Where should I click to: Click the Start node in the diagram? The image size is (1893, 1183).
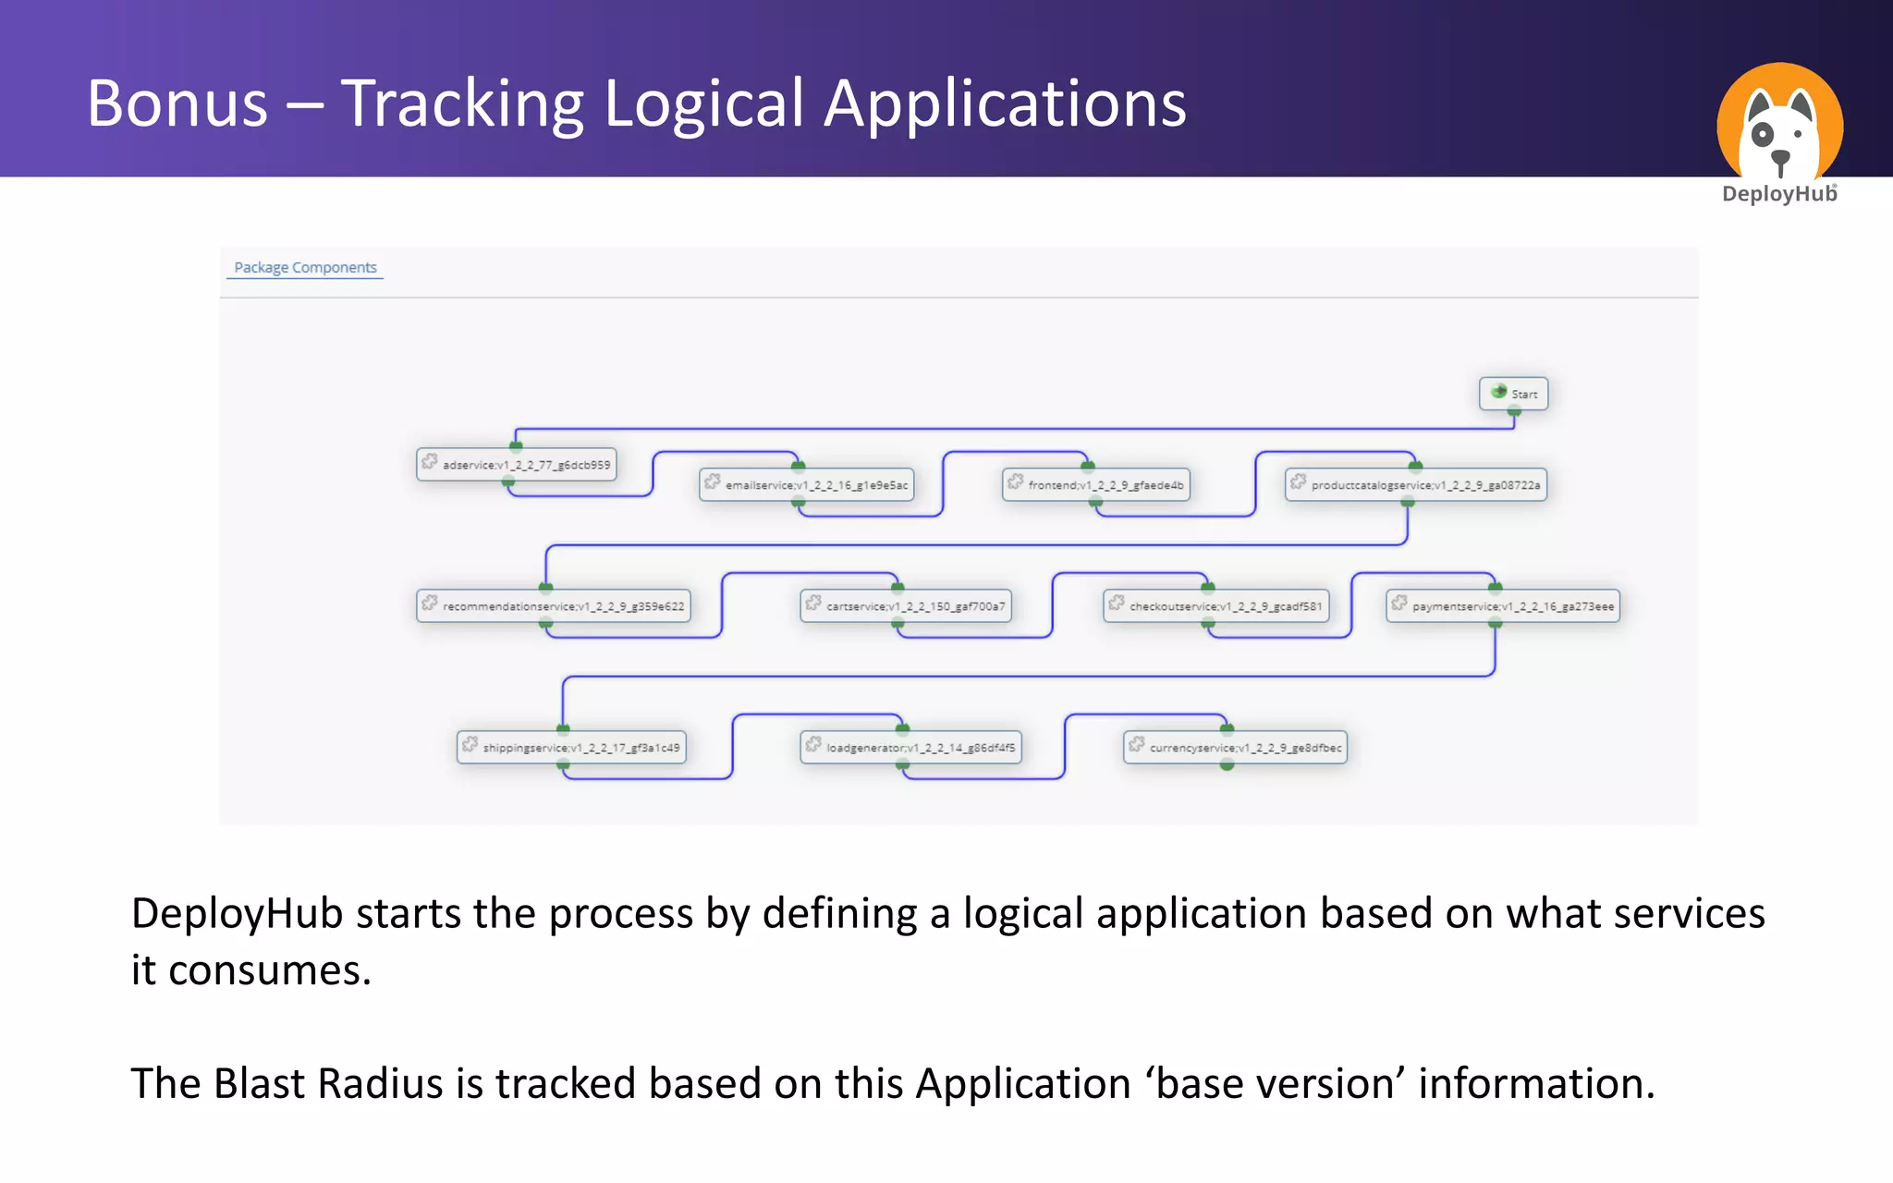(1513, 394)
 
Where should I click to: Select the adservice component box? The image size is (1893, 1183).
(517, 464)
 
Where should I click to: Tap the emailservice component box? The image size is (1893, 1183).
(807, 484)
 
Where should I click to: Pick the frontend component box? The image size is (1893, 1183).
(1096, 484)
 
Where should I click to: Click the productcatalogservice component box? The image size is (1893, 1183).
(1416, 484)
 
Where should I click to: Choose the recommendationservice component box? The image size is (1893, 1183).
(554, 606)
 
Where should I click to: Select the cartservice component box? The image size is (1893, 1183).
(906, 606)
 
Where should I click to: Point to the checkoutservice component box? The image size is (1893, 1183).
(1216, 606)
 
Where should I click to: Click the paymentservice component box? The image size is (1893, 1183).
(1503, 606)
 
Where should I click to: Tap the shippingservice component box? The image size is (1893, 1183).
(571, 748)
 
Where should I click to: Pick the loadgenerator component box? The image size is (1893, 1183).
(910, 748)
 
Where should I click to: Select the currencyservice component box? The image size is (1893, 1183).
(1235, 748)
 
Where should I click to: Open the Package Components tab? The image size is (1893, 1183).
(305, 267)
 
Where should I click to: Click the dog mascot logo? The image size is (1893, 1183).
(1779, 125)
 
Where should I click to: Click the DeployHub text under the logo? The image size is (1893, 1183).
(1778, 194)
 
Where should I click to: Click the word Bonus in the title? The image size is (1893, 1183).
(177, 104)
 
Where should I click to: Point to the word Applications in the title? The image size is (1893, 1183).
(1005, 104)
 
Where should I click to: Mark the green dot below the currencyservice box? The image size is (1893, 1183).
(1227, 765)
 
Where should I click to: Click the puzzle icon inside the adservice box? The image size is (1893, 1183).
(430, 461)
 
